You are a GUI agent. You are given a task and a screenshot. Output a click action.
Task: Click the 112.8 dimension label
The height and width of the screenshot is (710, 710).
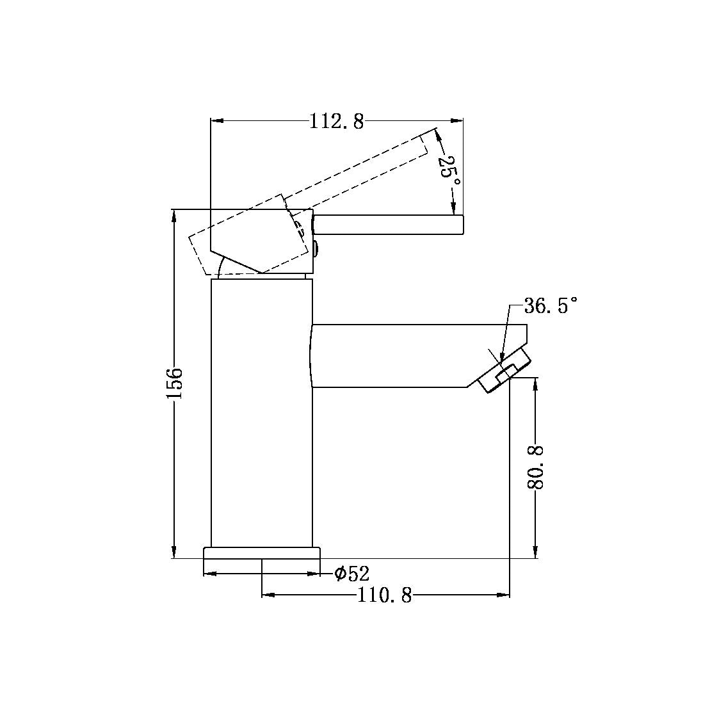tap(336, 120)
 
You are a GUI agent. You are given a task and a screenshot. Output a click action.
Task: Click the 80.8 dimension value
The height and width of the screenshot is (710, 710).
tap(536, 467)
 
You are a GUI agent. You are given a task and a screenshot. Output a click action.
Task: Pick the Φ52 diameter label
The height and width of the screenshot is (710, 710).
tap(352, 574)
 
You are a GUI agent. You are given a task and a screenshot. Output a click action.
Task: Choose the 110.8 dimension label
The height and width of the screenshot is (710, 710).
tap(384, 596)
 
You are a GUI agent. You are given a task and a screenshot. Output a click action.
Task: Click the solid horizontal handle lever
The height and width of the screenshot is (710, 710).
tap(388, 225)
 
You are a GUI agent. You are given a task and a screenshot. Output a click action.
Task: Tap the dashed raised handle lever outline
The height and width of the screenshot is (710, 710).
tap(359, 170)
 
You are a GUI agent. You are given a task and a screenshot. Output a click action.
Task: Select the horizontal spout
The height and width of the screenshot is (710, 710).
tap(397, 356)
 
